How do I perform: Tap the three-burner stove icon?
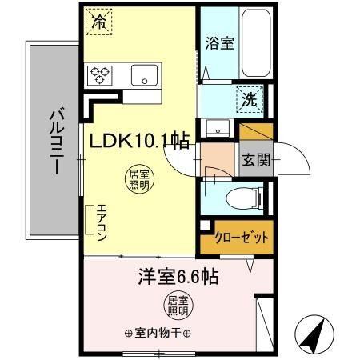(102, 76)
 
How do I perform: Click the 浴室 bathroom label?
(218, 43)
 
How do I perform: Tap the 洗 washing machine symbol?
(248, 100)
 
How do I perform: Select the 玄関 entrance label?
(256, 158)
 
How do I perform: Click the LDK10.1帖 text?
(139, 142)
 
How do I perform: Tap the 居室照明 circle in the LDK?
(138, 180)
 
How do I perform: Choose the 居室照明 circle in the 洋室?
(177, 306)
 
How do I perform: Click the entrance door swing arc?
(296, 160)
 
